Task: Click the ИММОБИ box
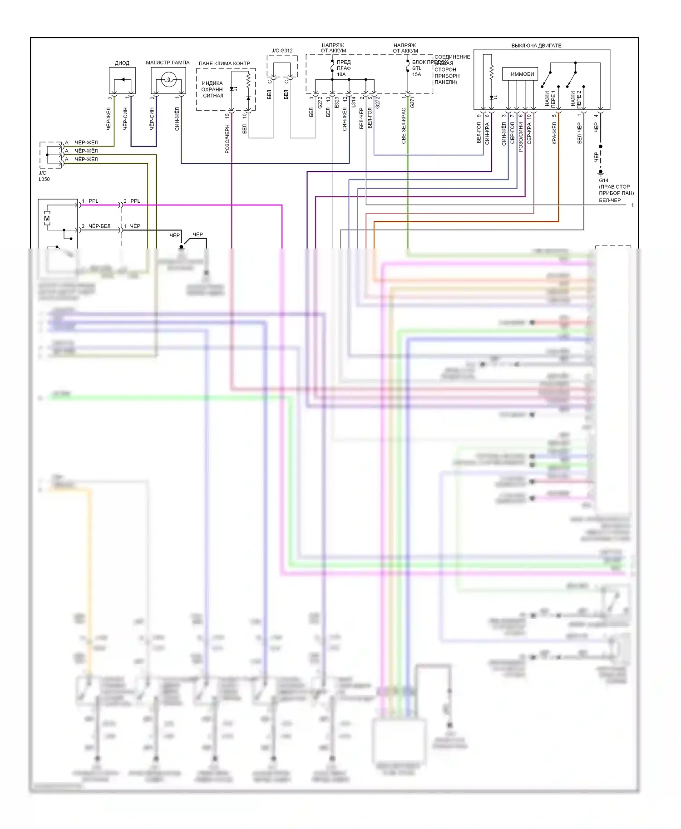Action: point(522,74)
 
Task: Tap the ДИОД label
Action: point(122,63)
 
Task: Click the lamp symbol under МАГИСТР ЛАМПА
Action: point(168,81)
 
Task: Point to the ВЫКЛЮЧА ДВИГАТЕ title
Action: point(536,46)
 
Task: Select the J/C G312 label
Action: point(282,51)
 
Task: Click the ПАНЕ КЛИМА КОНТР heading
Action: point(224,63)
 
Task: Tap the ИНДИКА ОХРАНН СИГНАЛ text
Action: point(212,89)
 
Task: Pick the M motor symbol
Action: point(47,219)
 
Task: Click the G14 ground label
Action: point(603,180)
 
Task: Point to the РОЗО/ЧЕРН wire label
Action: point(227,139)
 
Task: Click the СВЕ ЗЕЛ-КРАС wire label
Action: point(404,126)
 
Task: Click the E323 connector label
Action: point(336,102)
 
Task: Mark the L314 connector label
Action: point(353,102)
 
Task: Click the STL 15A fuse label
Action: point(417,71)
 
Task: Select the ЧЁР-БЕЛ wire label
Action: point(99,226)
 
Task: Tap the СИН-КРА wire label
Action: point(487,134)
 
